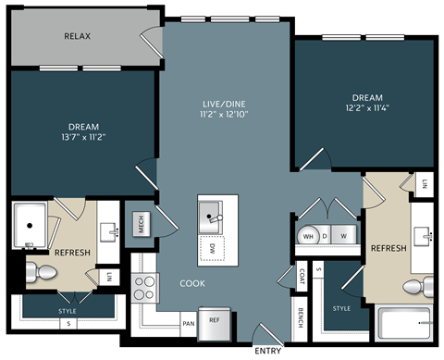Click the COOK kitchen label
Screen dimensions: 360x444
[192, 283]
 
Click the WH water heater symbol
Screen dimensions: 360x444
[307, 236]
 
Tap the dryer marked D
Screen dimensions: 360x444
[326, 236]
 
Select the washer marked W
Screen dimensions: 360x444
[344, 236]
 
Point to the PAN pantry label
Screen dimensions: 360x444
[189, 324]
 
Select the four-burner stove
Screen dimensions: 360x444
[144, 288]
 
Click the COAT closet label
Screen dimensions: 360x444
[302, 275]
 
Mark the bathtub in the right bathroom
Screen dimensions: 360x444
[404, 326]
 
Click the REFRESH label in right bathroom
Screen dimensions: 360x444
[388, 249]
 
